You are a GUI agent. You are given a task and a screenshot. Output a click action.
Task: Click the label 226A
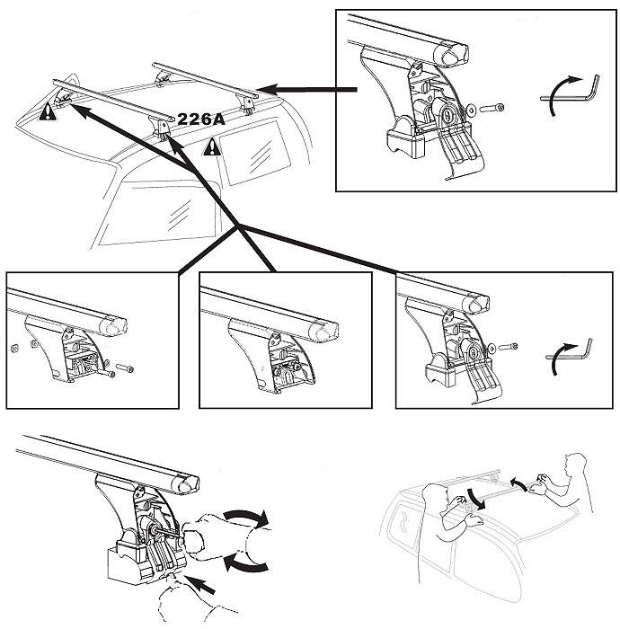point(201,119)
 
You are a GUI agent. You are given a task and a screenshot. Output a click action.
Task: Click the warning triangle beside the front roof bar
point(48,111)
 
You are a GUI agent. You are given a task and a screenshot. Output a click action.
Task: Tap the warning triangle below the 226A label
point(212,146)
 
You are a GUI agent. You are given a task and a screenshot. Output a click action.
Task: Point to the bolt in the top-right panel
point(492,108)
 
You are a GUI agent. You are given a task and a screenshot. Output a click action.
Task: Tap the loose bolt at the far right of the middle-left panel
point(125,368)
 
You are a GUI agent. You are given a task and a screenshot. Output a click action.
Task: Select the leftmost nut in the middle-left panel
point(14,349)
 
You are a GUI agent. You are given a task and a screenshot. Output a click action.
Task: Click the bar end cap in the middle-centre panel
point(325,332)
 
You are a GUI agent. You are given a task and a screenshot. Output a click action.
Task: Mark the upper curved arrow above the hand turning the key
point(245,516)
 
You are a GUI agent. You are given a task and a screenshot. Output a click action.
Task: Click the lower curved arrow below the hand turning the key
point(245,562)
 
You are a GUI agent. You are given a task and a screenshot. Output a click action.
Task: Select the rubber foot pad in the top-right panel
point(405,143)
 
